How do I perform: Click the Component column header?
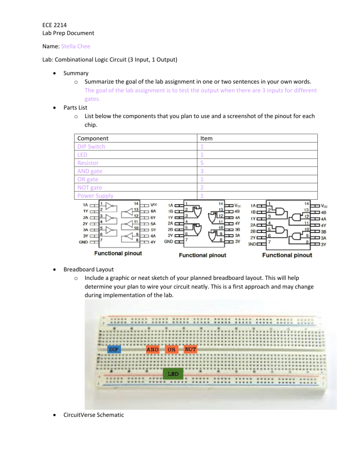pyautogui.click(x=93, y=138)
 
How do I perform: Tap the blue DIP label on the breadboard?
pyautogui.click(x=114, y=349)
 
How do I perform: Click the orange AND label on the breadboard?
pyautogui.click(x=153, y=349)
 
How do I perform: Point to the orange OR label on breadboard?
pyautogui.click(x=172, y=349)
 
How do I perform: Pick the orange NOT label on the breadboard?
pyautogui.click(x=190, y=349)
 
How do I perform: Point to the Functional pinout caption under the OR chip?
pyautogui.click(x=202, y=255)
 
